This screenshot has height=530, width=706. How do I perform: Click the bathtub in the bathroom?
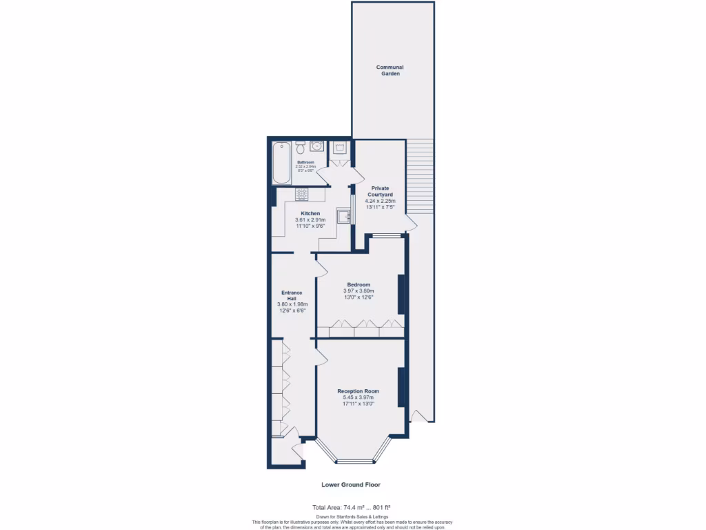[x=282, y=163]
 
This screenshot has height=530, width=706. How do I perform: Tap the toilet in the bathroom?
[x=301, y=148]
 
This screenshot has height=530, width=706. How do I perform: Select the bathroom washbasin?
[x=316, y=146]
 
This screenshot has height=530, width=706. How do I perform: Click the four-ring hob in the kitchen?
[x=301, y=194]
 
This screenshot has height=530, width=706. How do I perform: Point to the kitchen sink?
[x=344, y=217]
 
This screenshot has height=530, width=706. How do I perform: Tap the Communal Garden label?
[x=390, y=70]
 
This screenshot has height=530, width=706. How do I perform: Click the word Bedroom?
[x=359, y=284]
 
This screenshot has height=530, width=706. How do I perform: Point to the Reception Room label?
[x=358, y=391]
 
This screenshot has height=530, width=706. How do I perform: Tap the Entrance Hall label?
[x=292, y=295]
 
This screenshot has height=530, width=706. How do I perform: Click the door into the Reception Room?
[x=319, y=357]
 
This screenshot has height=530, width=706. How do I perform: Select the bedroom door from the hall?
[x=320, y=268]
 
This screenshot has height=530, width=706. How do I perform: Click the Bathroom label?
[x=305, y=163]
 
